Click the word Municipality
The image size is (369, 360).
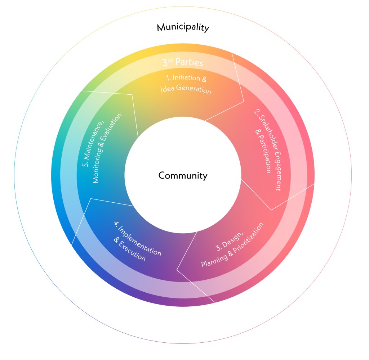coord(183,28)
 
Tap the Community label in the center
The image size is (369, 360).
coord(183,176)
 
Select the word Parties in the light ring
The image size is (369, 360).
coord(189,62)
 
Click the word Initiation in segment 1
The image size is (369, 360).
coord(186,77)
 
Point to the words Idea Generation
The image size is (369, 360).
coord(186,89)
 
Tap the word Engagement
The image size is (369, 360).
coord(278,171)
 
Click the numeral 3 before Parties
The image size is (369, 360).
coord(165,63)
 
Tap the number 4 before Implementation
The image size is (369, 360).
coord(116,223)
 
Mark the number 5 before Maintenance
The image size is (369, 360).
coord(85,164)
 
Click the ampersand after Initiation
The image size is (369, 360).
coord(204,79)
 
